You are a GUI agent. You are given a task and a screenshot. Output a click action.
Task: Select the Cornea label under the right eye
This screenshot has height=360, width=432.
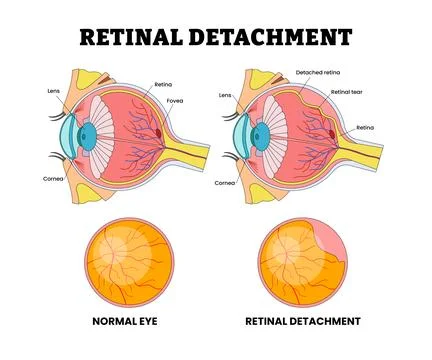(x=226, y=183)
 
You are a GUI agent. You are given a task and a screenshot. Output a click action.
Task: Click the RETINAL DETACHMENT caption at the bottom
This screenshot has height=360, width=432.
(x=302, y=323)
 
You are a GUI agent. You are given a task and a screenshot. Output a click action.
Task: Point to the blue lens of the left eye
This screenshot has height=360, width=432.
(x=86, y=134)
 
